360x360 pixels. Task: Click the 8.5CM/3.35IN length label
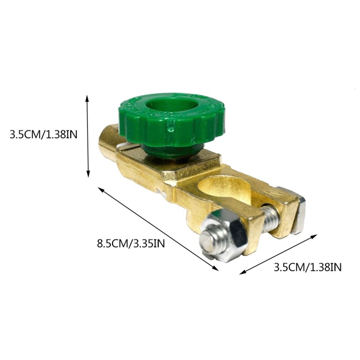pos(131,244)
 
